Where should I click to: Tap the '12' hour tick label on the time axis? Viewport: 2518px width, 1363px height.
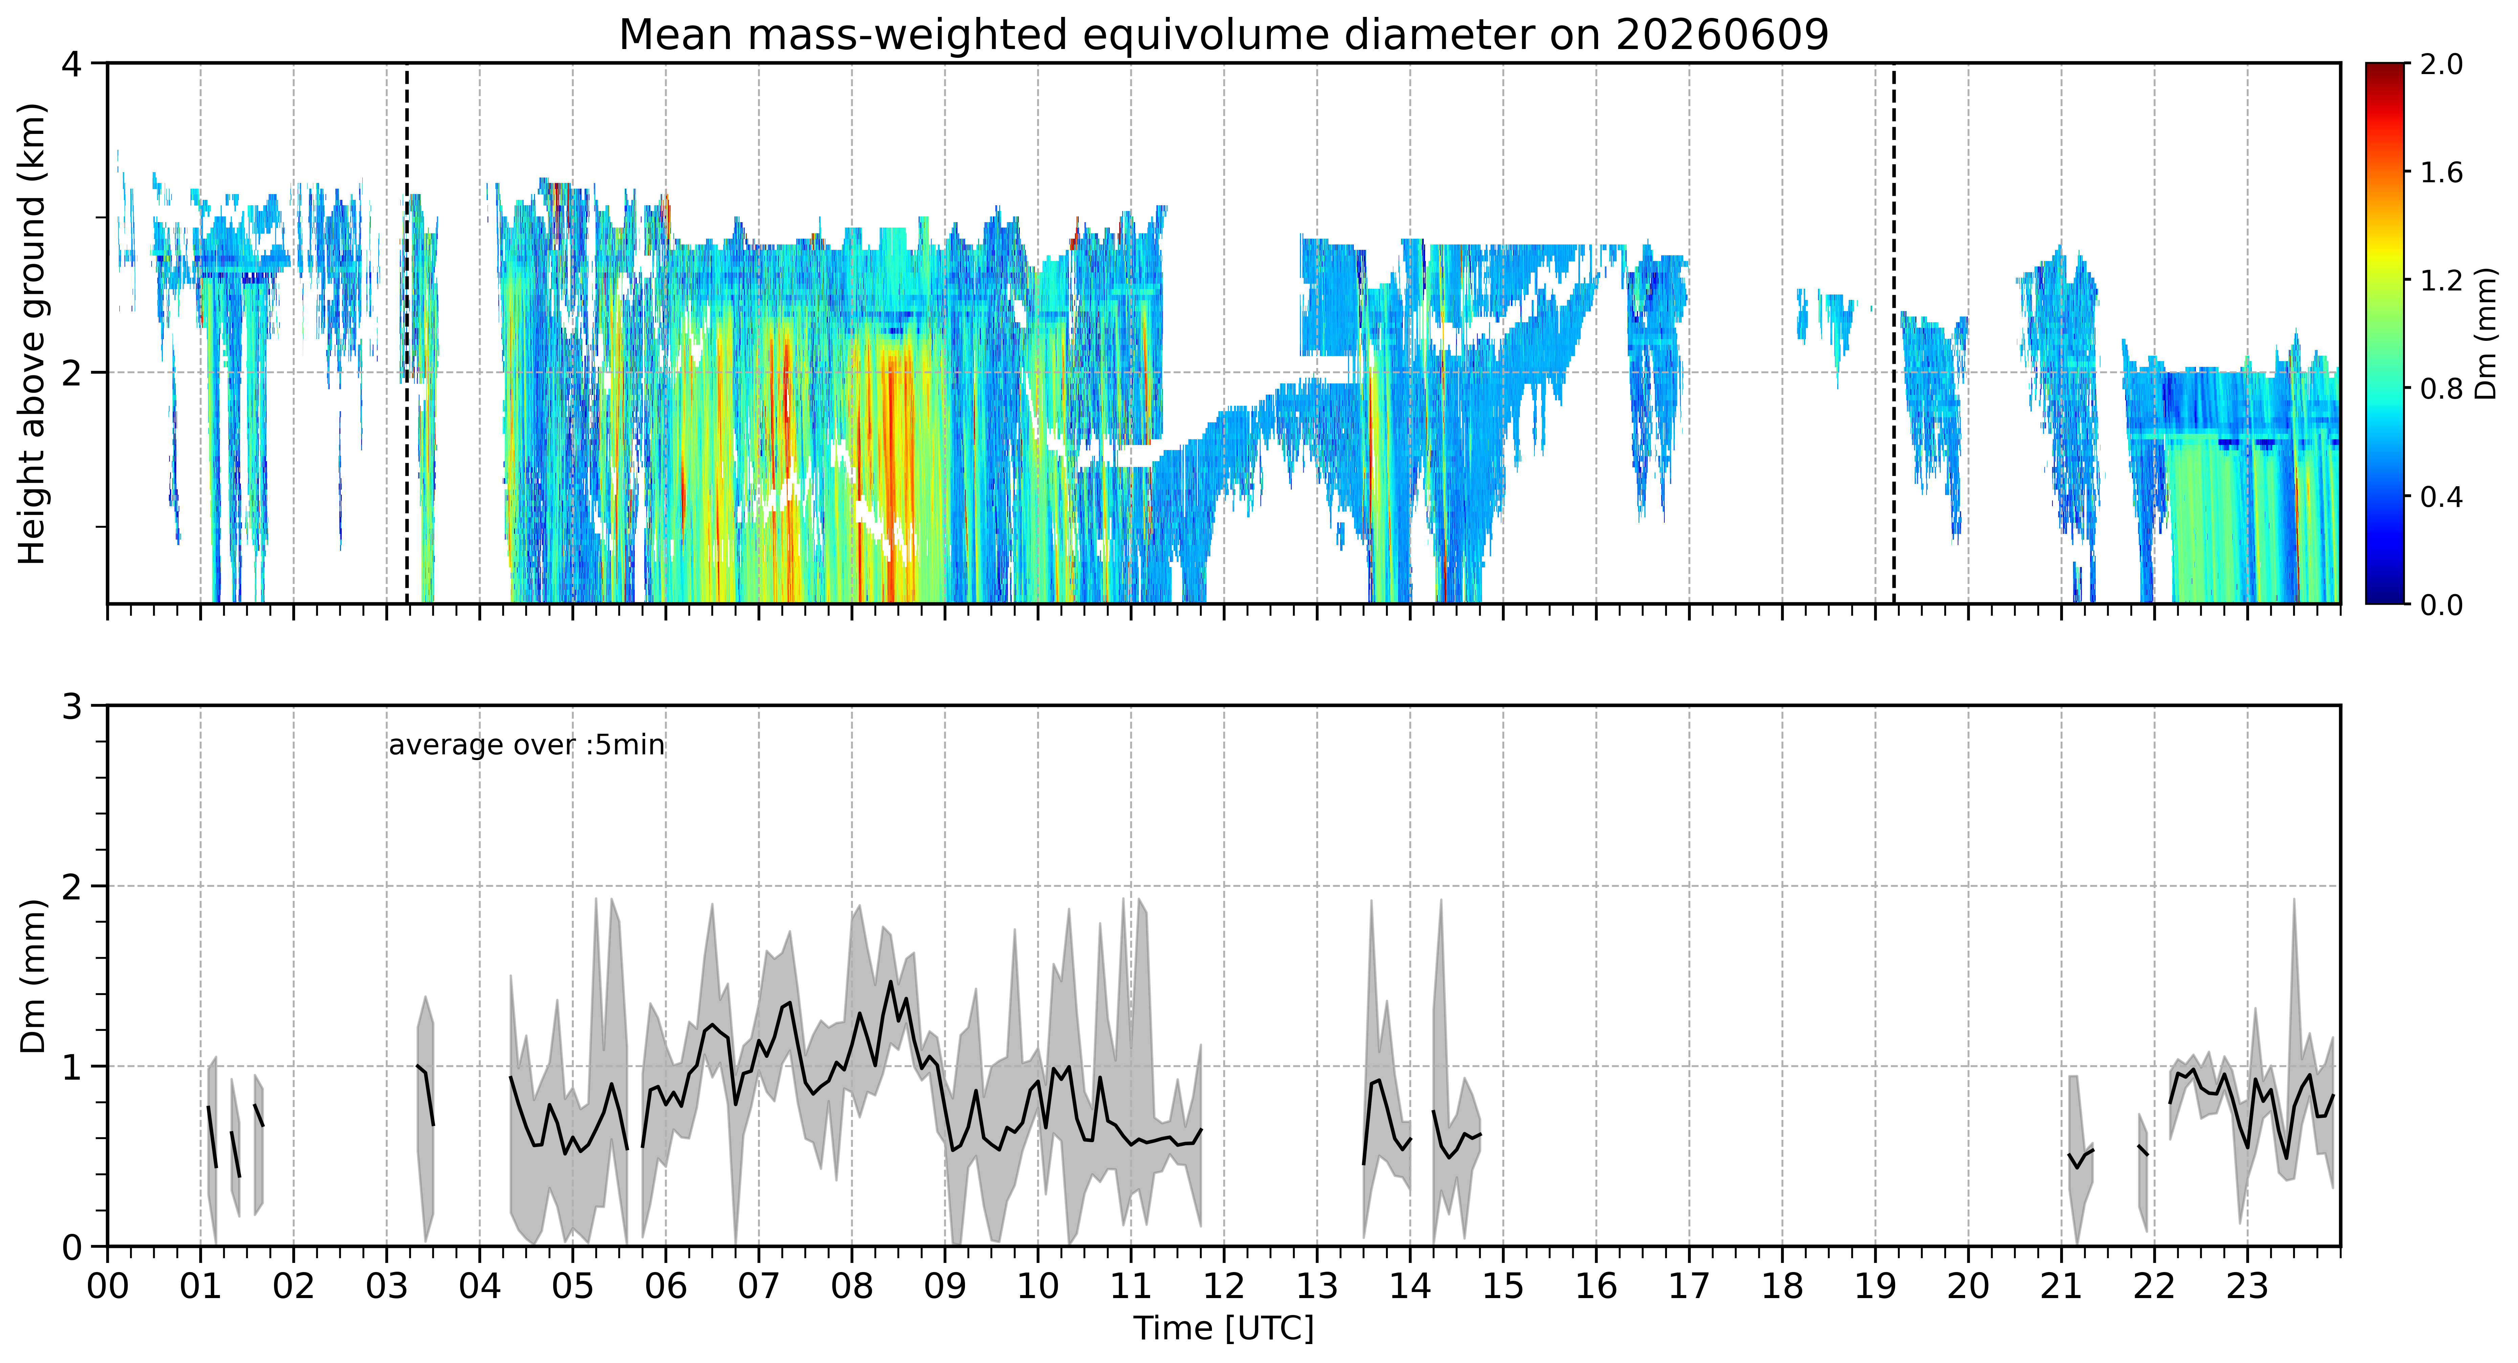[x=1224, y=1286]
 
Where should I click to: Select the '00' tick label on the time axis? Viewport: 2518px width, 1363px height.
[x=108, y=1286]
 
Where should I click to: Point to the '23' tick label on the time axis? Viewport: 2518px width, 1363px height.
[x=2247, y=1286]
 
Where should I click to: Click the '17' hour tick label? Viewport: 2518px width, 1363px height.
[x=1689, y=1286]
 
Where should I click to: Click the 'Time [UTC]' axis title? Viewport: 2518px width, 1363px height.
[x=1224, y=1329]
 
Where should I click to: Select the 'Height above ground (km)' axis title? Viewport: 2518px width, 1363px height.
[x=32, y=333]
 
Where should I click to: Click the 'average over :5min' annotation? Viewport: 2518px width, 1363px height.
[x=526, y=746]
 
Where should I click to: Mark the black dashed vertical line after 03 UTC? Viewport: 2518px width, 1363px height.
[x=407, y=333]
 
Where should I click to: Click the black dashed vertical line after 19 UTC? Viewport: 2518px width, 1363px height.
[x=1894, y=333]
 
